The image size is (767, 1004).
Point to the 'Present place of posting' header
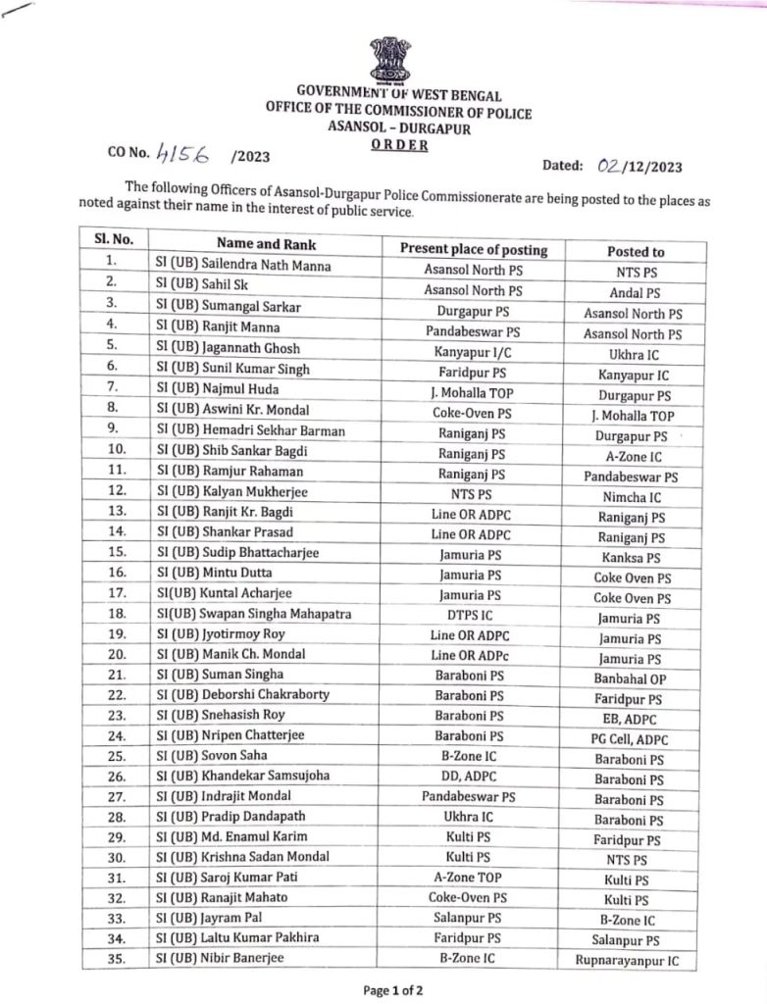click(x=473, y=249)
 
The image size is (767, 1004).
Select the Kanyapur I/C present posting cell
click(x=472, y=350)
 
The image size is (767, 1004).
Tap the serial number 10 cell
click(x=112, y=451)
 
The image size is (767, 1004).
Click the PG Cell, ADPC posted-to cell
click(x=629, y=738)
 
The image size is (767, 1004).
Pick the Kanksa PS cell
click(x=629, y=557)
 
